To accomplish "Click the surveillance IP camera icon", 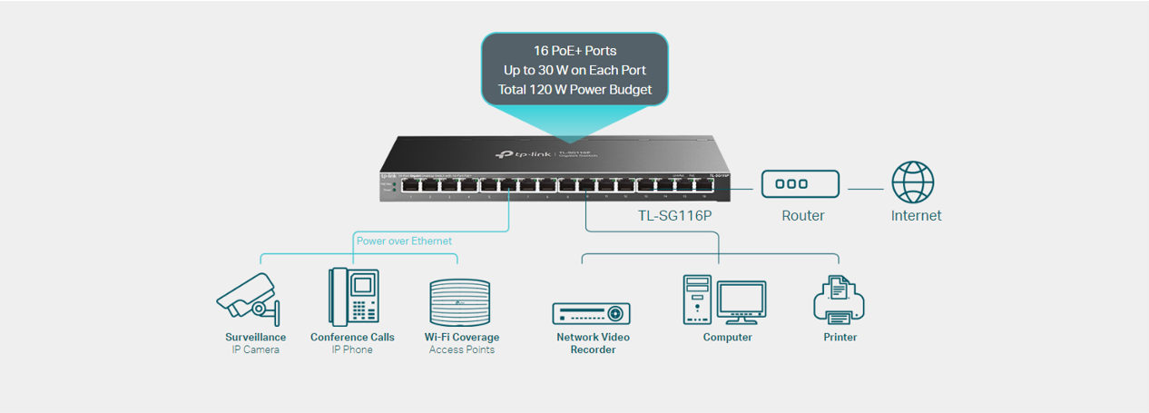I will pos(248,298).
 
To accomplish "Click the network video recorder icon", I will pos(591,313).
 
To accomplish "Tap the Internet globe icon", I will pos(912,182).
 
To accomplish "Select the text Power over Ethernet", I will pos(404,241).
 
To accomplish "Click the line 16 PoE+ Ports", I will pos(574,50).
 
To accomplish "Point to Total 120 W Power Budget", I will pos(574,90).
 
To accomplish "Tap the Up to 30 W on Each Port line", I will pos(574,70).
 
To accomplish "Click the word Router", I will pos(803,216).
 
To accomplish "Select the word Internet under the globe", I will pos(916,216).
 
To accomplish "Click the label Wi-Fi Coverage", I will pos(461,337).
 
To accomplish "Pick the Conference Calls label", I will pos(352,337).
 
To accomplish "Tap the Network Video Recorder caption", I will pos(593,343).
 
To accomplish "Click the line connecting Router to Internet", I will pos(865,190).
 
